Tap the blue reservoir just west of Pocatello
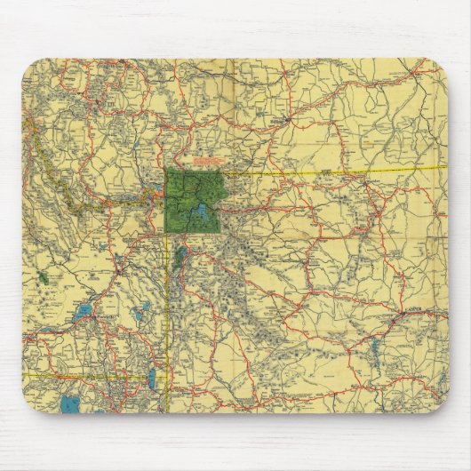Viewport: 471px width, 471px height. pos(84,312)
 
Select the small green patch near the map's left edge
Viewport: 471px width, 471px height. pos(43,278)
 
